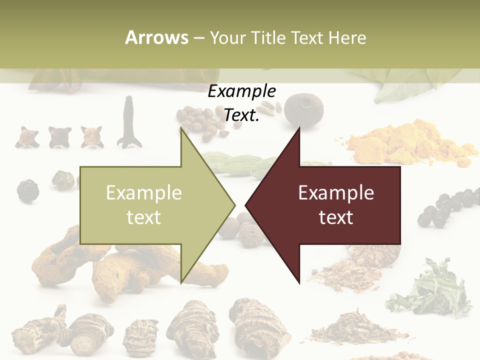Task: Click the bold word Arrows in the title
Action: (x=156, y=37)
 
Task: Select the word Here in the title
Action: (x=347, y=37)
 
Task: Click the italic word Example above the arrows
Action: (x=242, y=91)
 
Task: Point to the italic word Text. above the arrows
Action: (x=242, y=115)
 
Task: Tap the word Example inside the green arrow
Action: (x=144, y=193)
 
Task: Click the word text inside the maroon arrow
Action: (x=336, y=217)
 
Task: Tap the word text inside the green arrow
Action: (x=144, y=217)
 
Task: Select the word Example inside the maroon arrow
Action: (x=336, y=193)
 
